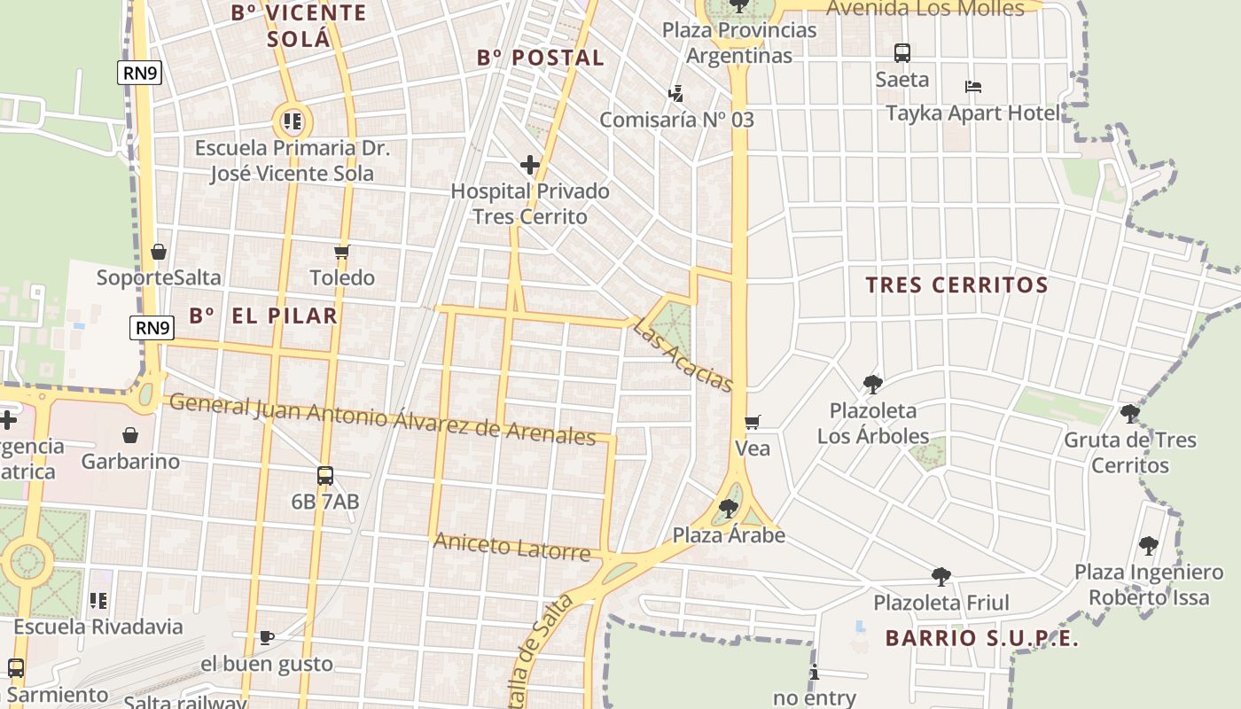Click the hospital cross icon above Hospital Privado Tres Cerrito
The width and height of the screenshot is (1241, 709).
coord(530,165)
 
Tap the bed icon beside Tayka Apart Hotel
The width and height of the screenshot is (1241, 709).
coord(973,87)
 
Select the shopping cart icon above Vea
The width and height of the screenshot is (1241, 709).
coord(753,423)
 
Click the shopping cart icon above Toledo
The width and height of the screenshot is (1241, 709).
coord(342,252)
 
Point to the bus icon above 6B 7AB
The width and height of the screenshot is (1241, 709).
coord(325,476)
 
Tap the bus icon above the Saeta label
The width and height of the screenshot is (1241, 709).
coord(902,53)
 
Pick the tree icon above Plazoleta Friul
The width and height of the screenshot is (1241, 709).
coord(941,577)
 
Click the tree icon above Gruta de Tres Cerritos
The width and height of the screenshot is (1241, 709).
coord(1129,413)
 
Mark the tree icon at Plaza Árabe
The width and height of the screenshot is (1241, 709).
coord(729,509)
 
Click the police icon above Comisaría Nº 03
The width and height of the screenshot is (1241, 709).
coord(676,93)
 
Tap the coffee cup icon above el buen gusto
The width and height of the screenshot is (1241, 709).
coord(266,637)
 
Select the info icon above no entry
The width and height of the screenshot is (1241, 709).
coord(815,673)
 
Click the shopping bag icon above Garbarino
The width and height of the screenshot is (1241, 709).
coord(130,435)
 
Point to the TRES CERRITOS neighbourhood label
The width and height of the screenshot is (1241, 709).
coord(956,285)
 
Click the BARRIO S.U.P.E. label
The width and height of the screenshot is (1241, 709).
coord(982,638)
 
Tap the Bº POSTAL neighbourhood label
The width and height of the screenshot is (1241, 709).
coord(541,58)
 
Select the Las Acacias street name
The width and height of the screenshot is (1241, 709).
coord(683,354)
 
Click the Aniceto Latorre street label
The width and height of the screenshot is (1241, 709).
coord(511,547)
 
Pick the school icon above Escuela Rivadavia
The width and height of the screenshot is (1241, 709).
coord(98,601)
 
